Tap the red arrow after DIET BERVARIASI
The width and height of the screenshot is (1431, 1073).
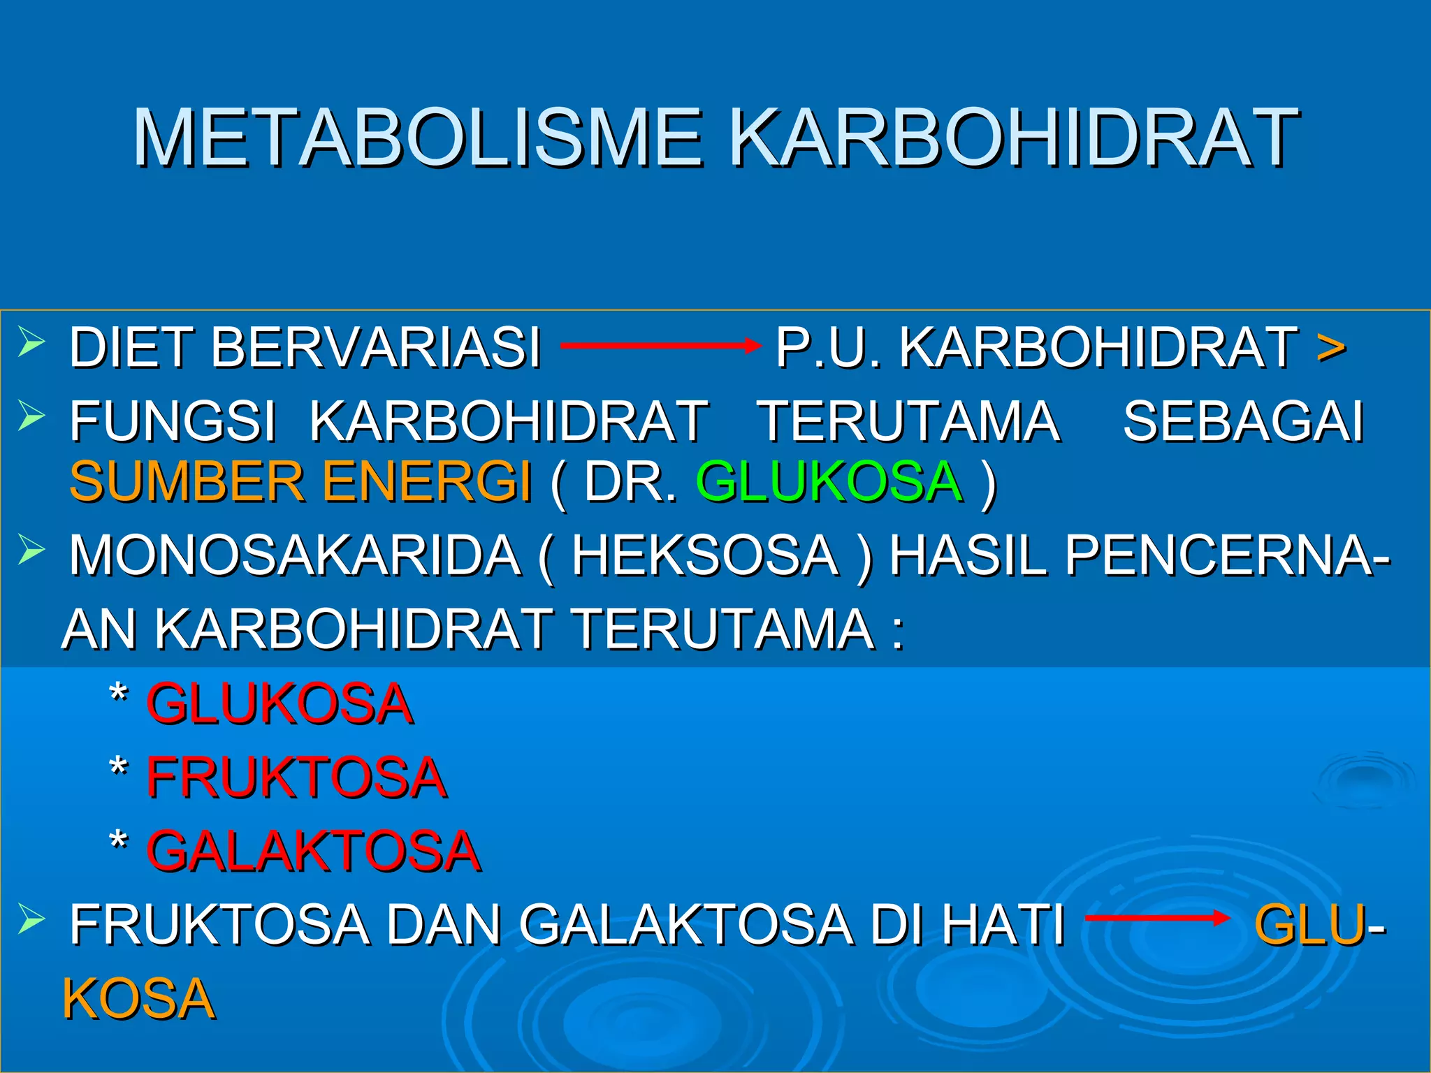660,346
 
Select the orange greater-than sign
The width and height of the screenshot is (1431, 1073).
1330,348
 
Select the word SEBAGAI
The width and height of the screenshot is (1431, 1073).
1243,421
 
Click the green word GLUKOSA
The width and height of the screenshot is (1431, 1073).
829,482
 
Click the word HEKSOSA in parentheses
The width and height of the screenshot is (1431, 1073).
705,556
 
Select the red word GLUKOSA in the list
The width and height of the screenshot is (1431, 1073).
279,704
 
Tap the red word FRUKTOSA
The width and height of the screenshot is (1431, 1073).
296,778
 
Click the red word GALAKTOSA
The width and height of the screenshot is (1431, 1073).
313,852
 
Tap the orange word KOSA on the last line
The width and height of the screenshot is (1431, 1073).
138,1000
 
